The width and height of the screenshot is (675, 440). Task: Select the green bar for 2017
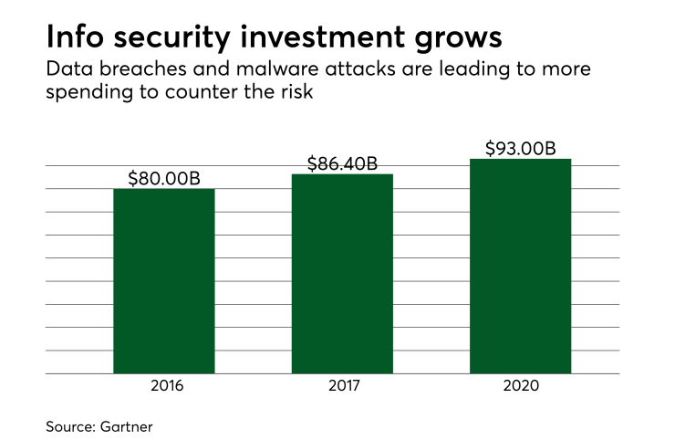[342, 274]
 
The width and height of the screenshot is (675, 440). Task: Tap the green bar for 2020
[520, 267]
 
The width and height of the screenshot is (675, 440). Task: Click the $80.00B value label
[163, 177]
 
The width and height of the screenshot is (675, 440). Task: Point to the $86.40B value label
[342, 163]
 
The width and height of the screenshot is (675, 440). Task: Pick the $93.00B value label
[520, 148]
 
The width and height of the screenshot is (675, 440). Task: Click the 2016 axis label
[163, 386]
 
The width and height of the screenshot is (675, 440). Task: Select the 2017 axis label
[342, 386]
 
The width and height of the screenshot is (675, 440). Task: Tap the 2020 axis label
[520, 386]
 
